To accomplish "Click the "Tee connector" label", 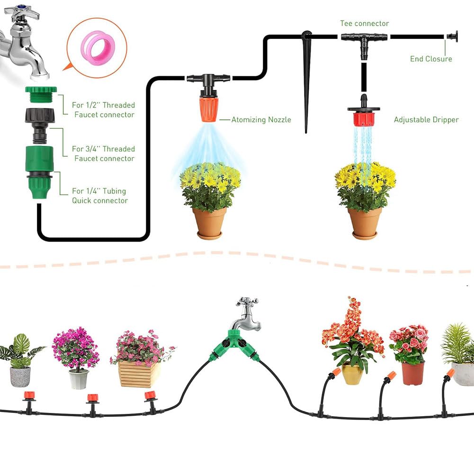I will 364,23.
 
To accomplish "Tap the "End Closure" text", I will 431,59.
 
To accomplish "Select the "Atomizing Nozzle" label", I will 261,120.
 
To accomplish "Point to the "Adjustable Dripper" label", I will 426,120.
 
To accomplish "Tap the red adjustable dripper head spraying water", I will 364,116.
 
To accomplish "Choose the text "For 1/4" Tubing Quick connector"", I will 99,196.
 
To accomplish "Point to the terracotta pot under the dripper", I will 365,223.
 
